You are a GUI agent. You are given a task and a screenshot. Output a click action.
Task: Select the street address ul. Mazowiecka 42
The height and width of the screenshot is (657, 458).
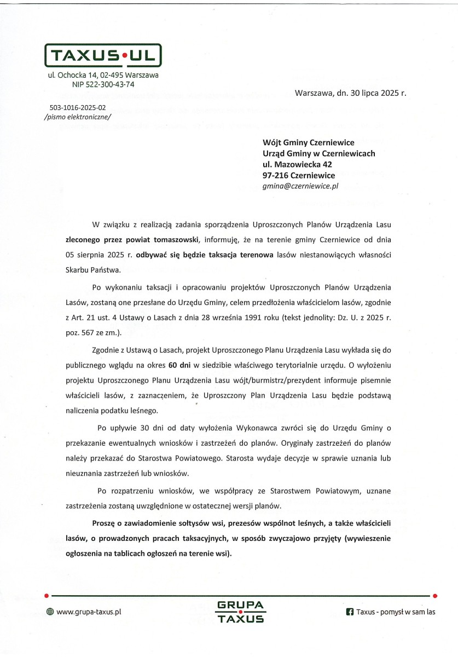tap(297, 164)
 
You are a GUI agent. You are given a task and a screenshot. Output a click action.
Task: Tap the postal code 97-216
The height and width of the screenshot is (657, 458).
tap(275, 175)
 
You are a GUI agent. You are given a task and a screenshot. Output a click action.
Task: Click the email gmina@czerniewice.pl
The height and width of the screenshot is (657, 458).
tap(301, 186)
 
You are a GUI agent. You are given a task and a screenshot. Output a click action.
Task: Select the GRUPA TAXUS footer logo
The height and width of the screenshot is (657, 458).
tap(240, 612)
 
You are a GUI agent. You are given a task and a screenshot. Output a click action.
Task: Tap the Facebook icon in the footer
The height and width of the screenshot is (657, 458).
tap(349, 612)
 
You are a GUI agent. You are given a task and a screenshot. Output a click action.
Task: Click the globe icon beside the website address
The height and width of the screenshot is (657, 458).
tap(50, 612)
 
